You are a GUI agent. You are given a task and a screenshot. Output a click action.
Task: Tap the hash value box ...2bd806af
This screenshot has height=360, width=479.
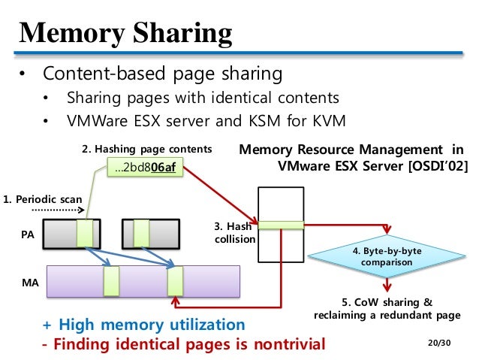[145, 167]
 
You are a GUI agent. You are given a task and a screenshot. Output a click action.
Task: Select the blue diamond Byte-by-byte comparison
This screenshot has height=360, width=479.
[386, 257]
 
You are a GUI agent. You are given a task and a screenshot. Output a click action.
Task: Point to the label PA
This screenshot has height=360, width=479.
[26, 234]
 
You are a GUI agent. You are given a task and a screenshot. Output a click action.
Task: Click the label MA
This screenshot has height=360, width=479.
[26, 285]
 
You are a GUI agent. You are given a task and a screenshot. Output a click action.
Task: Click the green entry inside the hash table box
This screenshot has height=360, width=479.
[280, 224]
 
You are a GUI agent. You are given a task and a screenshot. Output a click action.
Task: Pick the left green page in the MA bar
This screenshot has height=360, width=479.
[111, 281]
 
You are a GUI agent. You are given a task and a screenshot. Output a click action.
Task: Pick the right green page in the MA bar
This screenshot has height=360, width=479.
[175, 281]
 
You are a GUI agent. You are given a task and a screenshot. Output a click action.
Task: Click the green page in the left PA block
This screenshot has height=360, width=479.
[84, 233]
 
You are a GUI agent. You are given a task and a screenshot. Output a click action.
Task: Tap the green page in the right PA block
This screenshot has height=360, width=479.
[140, 233]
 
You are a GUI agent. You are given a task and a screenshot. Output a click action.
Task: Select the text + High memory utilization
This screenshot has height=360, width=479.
[143, 325]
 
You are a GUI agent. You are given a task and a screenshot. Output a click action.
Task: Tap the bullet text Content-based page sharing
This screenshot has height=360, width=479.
[162, 74]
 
